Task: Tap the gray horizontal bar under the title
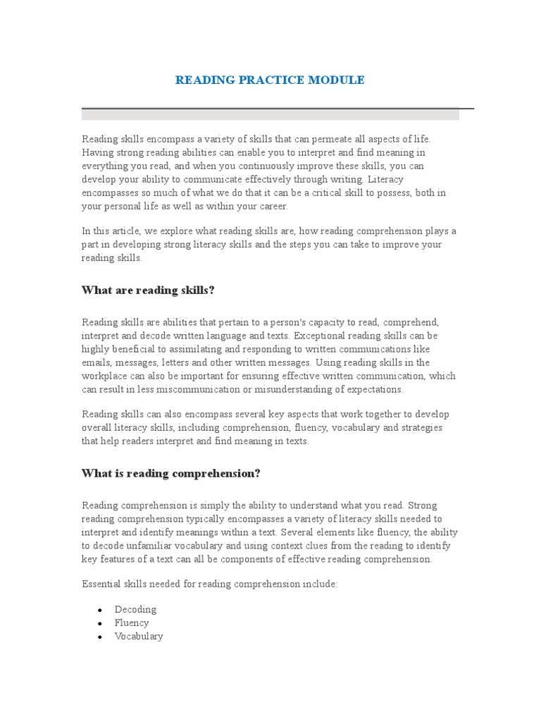click(x=270, y=114)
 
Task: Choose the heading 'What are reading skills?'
click(x=148, y=290)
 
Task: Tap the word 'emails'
click(x=97, y=362)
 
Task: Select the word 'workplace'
click(x=104, y=376)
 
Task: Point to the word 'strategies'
click(x=418, y=428)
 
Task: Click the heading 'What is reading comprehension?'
click(x=171, y=473)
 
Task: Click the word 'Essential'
click(x=101, y=585)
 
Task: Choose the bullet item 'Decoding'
click(x=135, y=609)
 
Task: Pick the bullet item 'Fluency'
click(x=132, y=623)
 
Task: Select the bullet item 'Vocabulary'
click(x=139, y=636)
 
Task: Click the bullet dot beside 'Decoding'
click(x=100, y=610)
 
